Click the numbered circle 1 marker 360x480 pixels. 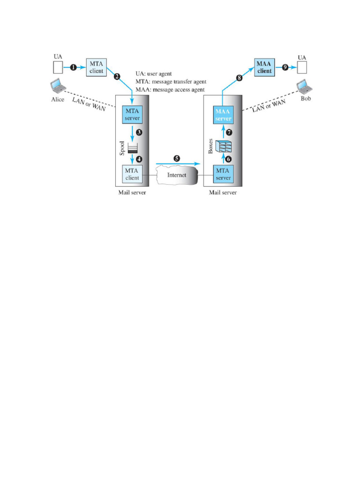pos(73,67)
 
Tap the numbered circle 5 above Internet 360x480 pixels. pos(176,158)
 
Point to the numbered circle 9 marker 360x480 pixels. pos(285,67)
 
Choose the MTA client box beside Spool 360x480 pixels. pos(132,173)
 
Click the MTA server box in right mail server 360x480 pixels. pos(223,173)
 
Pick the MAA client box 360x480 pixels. pos(264,67)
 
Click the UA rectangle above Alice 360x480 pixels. pos(58,67)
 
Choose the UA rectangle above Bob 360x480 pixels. pos(302,67)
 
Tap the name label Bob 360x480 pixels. pos(306,99)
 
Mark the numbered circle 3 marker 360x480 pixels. pos(139,133)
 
